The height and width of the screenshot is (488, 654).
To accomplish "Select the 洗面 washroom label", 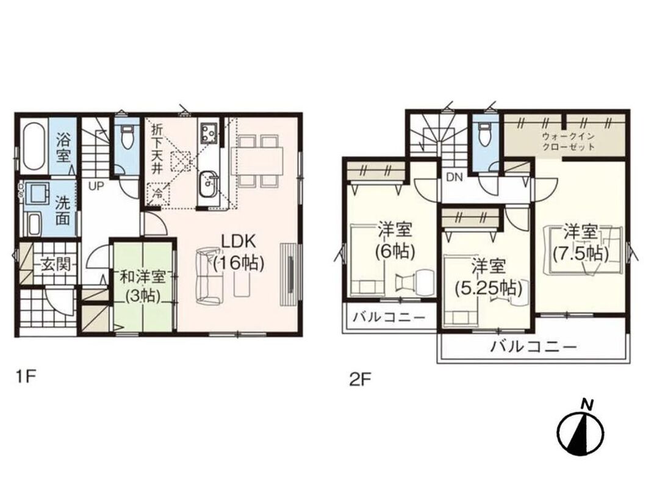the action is tap(63, 210).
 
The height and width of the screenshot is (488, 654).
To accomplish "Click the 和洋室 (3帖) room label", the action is tap(143, 286).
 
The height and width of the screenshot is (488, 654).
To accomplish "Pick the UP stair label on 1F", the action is tap(96, 186).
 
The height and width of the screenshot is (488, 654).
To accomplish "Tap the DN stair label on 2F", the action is tap(455, 178).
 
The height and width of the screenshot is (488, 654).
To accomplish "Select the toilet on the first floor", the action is tap(126, 137).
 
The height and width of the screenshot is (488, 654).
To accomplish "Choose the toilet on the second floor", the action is tap(484, 134).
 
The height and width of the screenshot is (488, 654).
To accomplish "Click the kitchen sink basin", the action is tap(207, 184).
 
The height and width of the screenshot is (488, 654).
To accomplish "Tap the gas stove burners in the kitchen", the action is tap(208, 132).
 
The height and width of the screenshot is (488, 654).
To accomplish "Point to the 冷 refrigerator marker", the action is tap(157, 193).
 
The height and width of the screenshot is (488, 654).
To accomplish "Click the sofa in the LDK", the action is tap(209, 275).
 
